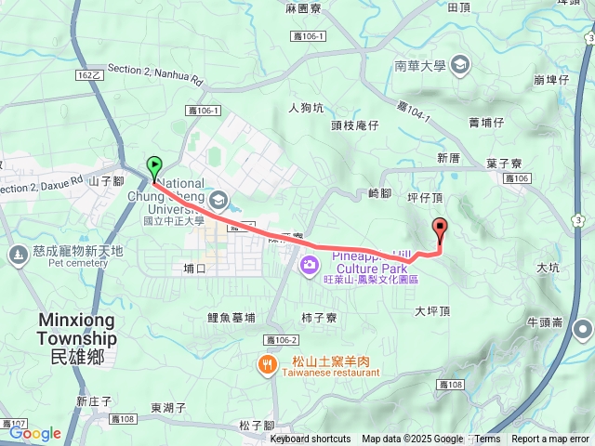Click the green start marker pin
(x=154, y=167)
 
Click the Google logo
(x=34, y=433)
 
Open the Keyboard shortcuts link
(x=311, y=439)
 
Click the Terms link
(x=487, y=439)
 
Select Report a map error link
(x=550, y=439)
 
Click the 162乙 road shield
(x=88, y=75)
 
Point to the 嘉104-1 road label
(x=416, y=110)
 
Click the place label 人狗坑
(x=306, y=107)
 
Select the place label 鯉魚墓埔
(x=231, y=317)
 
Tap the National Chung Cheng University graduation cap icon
(x=218, y=199)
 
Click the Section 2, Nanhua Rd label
(x=154, y=73)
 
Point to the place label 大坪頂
(x=432, y=311)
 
